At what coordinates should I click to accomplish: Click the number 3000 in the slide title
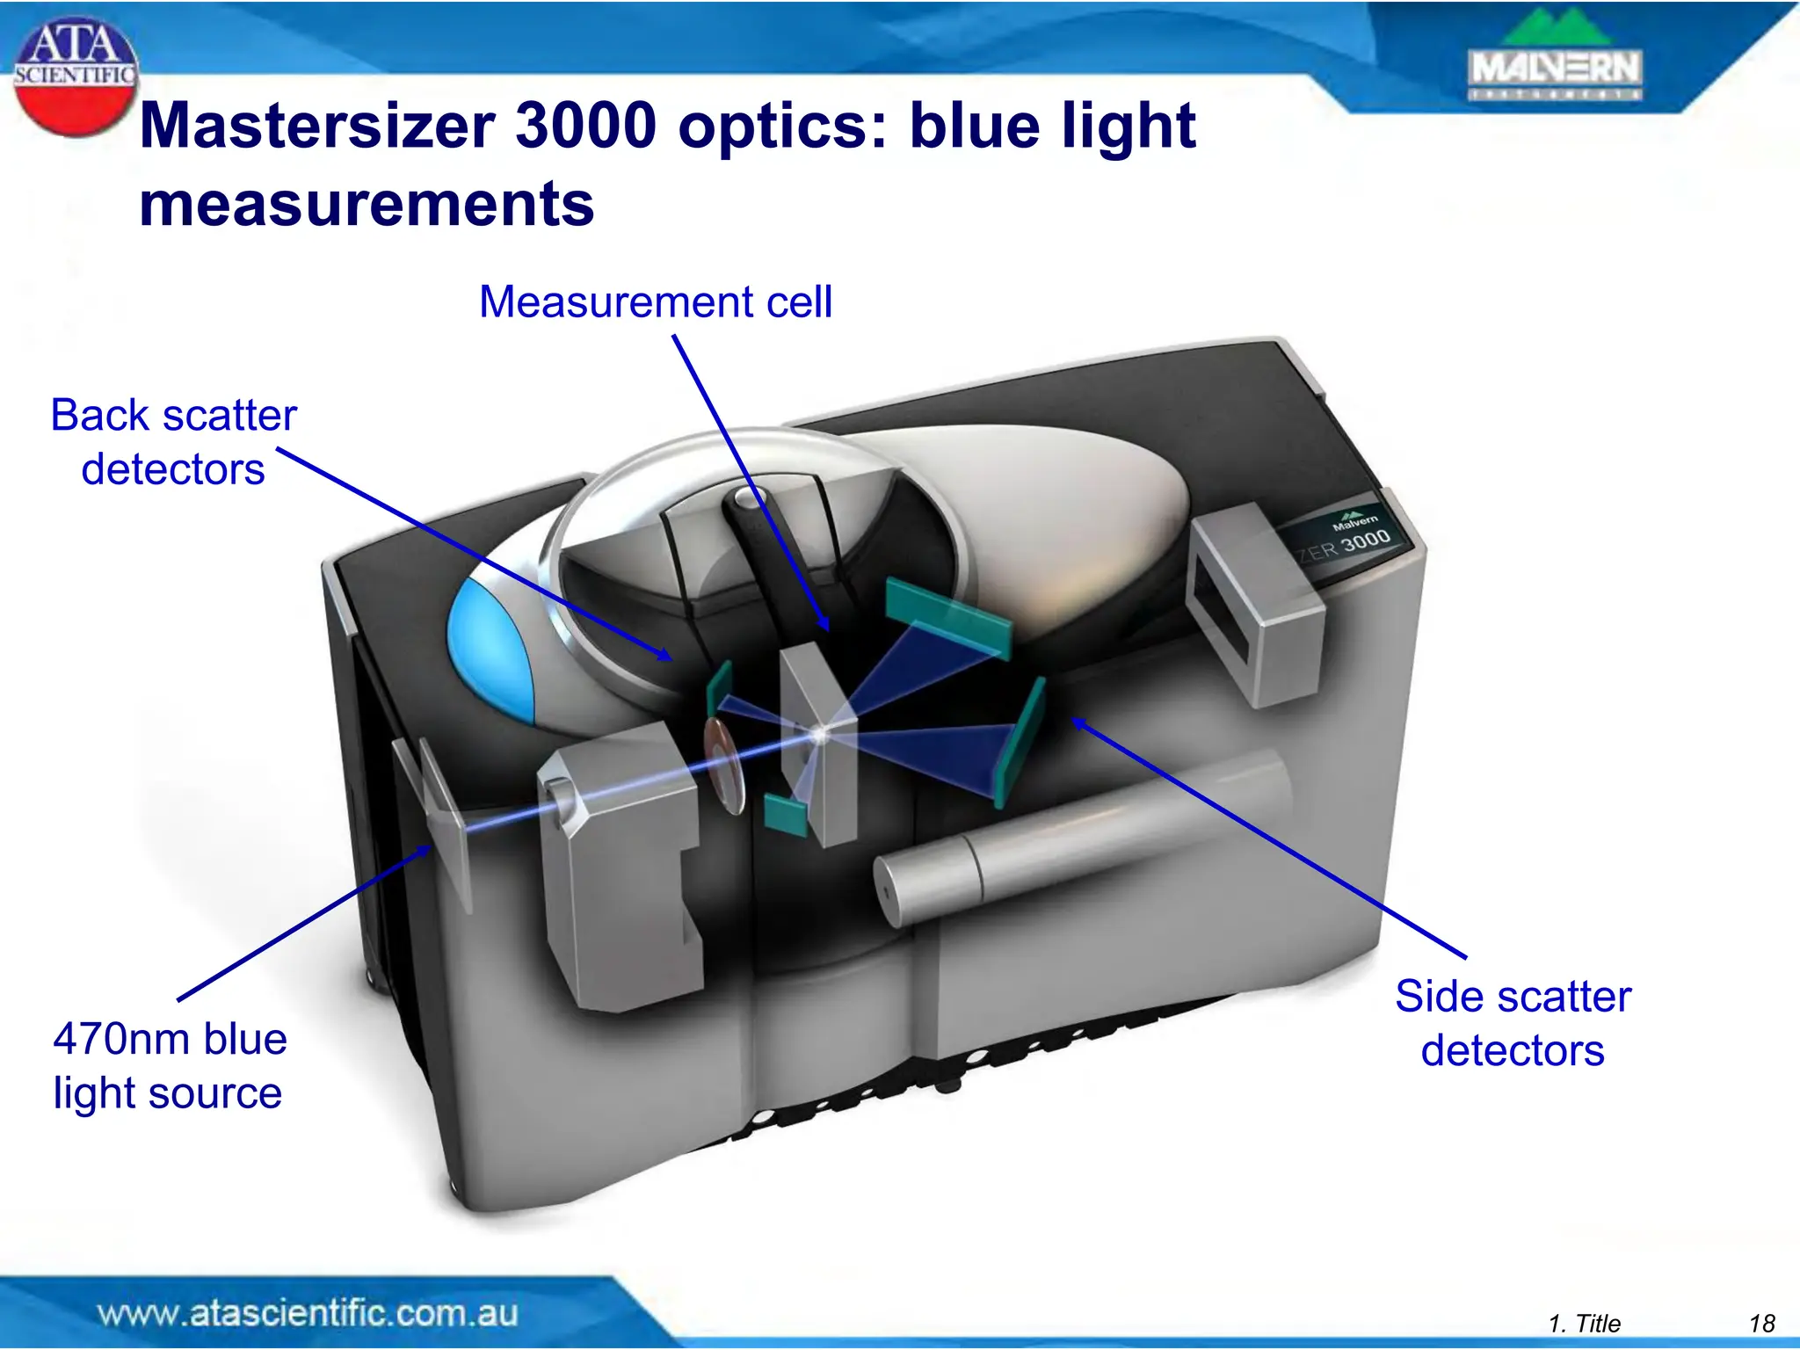[585, 126]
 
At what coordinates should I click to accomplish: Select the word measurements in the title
[367, 204]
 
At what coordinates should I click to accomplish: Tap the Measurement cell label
[655, 302]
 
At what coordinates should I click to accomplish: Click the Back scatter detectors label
[173, 441]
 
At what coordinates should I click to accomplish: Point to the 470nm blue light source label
[169, 1065]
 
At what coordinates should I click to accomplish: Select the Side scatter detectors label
[1513, 1023]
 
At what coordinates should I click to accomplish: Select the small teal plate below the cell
[787, 815]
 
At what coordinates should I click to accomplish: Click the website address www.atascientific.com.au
[308, 1313]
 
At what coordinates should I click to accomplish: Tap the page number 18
[1761, 1323]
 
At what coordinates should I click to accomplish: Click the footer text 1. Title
[1584, 1323]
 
